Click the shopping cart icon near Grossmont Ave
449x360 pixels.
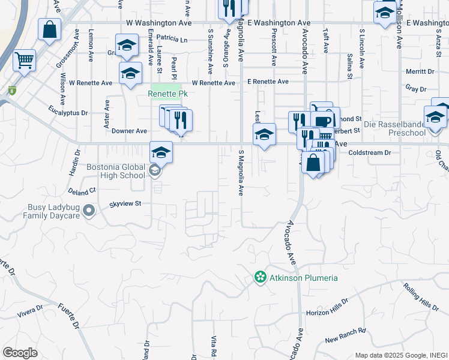[x=24, y=60]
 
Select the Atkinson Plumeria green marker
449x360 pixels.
[x=260, y=278]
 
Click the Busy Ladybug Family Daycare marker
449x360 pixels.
[x=89, y=211]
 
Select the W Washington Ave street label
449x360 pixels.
[x=159, y=22]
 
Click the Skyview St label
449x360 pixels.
[x=125, y=204]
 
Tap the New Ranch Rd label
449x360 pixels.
[x=345, y=335]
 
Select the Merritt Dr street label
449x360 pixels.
[x=420, y=71]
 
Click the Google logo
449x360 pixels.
[x=20, y=353]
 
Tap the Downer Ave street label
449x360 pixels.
[x=129, y=130]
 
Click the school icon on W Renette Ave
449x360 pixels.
[x=130, y=73]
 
